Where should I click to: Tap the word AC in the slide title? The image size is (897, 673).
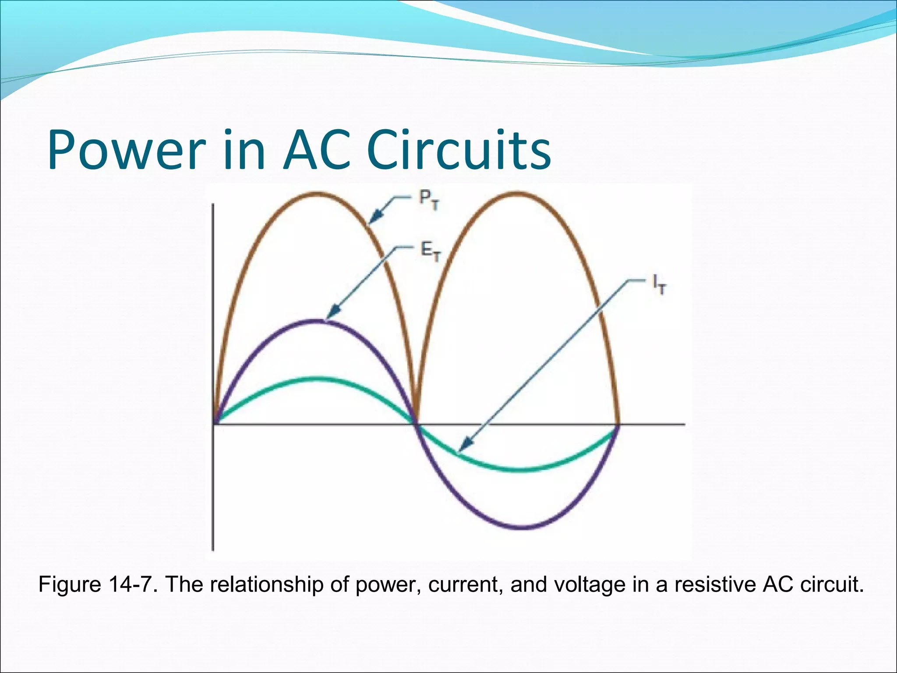click(317, 150)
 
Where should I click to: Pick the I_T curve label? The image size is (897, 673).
click(659, 286)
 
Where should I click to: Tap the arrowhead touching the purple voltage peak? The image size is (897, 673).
click(332, 313)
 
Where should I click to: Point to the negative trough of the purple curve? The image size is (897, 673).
click(522, 527)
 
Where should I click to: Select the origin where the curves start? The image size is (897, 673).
click(214, 424)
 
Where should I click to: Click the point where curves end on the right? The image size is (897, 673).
click(618, 424)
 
